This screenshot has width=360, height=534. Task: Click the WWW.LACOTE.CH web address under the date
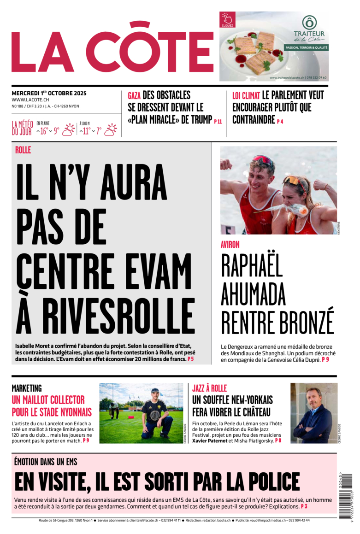(30, 100)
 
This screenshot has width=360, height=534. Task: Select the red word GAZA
(134, 96)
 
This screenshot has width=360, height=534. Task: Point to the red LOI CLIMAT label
(246, 96)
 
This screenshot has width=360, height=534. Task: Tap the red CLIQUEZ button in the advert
(227, 19)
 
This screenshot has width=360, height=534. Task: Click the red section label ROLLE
(23, 150)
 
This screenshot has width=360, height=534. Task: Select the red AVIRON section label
(230, 244)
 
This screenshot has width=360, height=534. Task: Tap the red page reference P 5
(190, 359)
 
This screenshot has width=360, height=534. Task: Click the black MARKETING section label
(27, 388)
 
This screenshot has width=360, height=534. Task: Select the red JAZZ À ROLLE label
(209, 388)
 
